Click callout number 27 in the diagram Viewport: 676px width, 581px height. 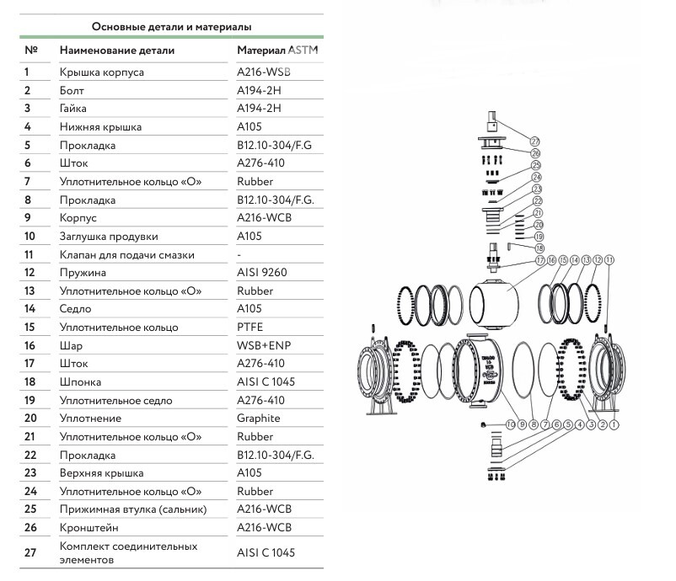coord(534,141)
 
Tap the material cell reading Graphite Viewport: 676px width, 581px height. coord(259,418)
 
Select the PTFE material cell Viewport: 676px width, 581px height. coord(251,327)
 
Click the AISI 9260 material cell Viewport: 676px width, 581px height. coord(261,273)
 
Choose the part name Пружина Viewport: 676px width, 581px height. coord(82,273)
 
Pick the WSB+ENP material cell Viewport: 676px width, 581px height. coord(263,345)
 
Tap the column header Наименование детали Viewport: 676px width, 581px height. coord(117,51)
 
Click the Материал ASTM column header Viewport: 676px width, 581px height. coord(279,51)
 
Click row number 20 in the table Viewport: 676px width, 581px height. coord(30,418)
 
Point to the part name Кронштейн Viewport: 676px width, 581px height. coord(89,528)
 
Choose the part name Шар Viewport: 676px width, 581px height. coord(71,345)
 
